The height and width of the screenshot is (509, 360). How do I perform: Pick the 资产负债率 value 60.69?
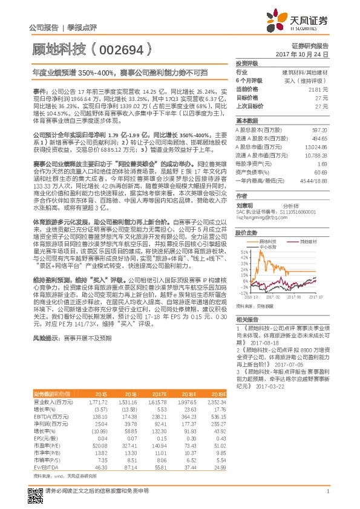(321, 172)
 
